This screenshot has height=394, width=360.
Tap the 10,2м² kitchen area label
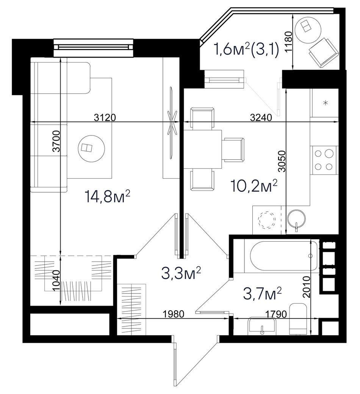tap(254, 186)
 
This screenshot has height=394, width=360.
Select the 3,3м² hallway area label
tap(181, 274)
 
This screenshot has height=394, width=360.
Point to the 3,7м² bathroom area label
tap(262, 294)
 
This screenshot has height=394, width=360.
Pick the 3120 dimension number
tap(105, 117)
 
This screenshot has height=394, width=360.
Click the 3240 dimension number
tap(261, 117)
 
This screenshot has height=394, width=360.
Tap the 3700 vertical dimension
tap(57, 141)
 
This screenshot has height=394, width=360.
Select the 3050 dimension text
tap(283, 161)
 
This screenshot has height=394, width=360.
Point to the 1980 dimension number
tap(174, 314)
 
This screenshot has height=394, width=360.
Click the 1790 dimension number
tap(276, 314)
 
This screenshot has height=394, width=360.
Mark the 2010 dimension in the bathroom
tap(307, 287)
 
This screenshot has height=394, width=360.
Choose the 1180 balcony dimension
tap(289, 41)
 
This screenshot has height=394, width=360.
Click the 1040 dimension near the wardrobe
tap(57, 281)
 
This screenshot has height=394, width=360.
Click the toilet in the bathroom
tap(298, 319)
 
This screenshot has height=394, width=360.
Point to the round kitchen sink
tap(296, 218)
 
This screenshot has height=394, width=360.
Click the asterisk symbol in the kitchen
tap(326, 102)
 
